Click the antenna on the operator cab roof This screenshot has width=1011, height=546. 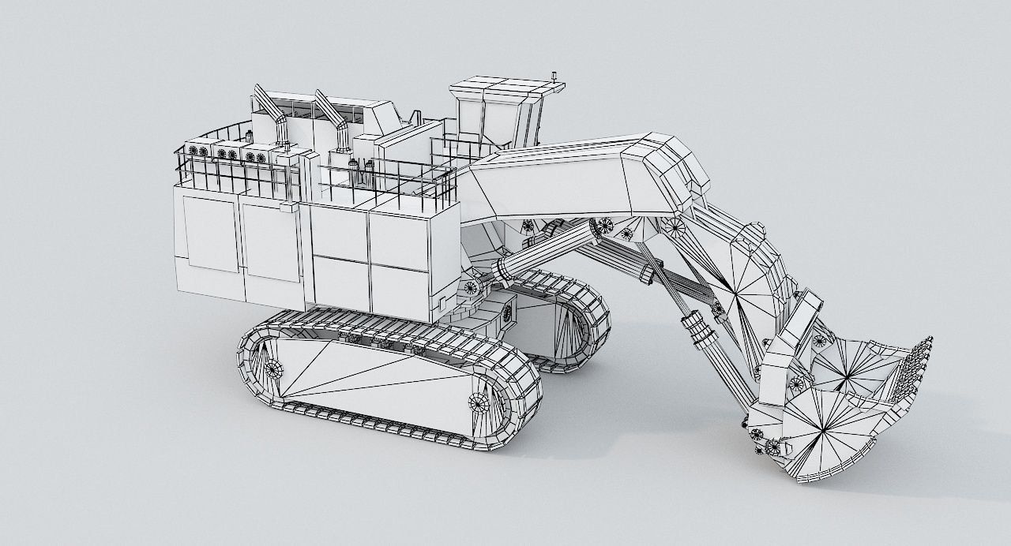[x=556, y=77]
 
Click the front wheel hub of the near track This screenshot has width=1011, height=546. [x=479, y=402]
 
